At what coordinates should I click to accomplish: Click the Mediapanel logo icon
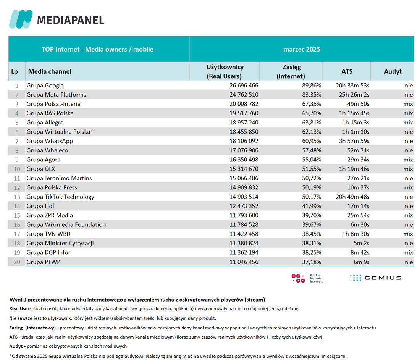pyautogui.click(x=21, y=19)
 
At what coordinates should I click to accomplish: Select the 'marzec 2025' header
pyautogui.click(x=302, y=49)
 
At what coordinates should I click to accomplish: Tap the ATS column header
pyautogui.click(x=347, y=71)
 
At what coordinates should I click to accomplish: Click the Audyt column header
pyautogui.click(x=393, y=71)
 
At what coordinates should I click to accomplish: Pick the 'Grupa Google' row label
pyautogui.click(x=45, y=86)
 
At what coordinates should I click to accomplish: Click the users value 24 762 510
pyautogui.click(x=244, y=95)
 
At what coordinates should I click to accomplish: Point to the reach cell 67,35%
pyautogui.click(x=312, y=104)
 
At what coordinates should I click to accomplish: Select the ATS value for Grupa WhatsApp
pyautogui.click(x=354, y=141)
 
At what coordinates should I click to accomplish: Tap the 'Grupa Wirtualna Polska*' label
pyautogui.click(x=60, y=132)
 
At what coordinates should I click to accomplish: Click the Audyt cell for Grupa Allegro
pyautogui.click(x=408, y=123)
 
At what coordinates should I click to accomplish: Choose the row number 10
pyautogui.click(x=17, y=169)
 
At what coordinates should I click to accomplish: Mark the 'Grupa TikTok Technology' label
pyautogui.click(x=60, y=197)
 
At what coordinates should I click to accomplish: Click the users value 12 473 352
pyautogui.click(x=244, y=206)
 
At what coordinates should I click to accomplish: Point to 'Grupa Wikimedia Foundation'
pyautogui.click(x=66, y=224)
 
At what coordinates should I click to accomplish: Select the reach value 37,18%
pyautogui.click(x=312, y=262)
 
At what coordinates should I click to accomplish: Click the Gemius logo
pyautogui.click(x=376, y=278)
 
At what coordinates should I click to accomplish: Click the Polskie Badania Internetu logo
pyautogui.click(x=307, y=278)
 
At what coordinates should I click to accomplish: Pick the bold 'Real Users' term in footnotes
pyautogui.click(x=20, y=308)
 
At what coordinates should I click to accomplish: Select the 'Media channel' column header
pyautogui.click(x=50, y=71)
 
